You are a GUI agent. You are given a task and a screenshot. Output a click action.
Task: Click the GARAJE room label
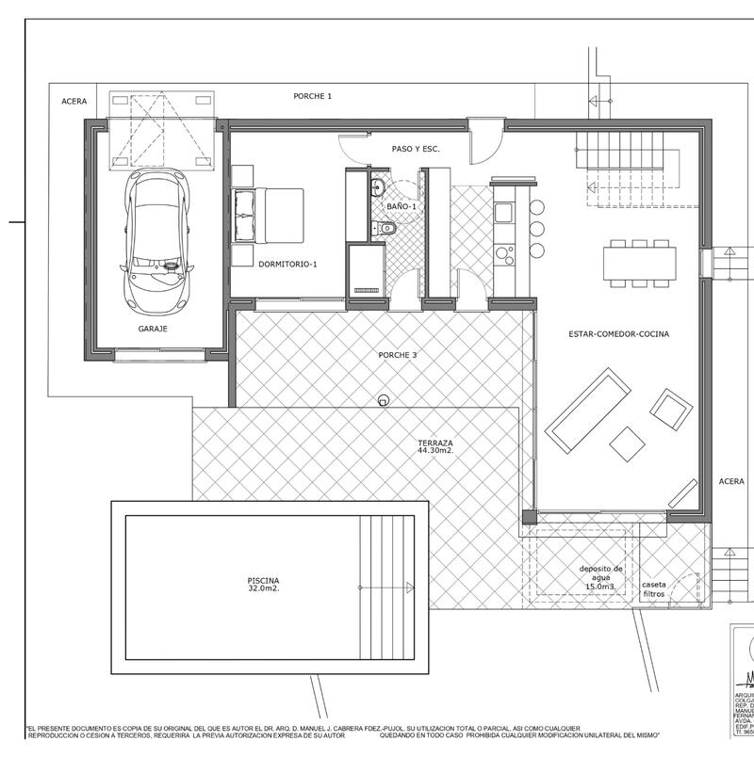tap(153, 329)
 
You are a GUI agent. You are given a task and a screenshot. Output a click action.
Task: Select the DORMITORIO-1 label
tap(287, 265)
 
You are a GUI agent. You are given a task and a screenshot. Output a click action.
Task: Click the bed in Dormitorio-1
tap(270, 217)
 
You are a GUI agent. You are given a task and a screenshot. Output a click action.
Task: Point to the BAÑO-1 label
tap(401, 205)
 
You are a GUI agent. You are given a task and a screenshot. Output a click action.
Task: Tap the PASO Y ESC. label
tap(416, 149)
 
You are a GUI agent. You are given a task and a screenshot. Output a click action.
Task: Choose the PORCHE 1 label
tap(312, 95)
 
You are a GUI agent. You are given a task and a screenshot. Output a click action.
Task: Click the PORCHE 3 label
tap(396, 355)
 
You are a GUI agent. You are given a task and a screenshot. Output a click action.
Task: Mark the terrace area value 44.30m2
tap(436, 451)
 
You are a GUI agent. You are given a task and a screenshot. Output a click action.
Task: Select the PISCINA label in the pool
tap(264, 580)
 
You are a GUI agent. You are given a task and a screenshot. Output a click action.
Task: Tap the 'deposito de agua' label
tap(600, 573)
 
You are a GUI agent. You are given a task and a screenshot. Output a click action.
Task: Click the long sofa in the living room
tap(588, 410)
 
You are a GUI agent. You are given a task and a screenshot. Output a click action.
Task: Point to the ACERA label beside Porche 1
tap(74, 101)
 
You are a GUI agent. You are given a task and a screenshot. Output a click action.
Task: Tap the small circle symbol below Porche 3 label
tap(383, 400)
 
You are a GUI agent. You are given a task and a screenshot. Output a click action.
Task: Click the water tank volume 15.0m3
tap(600, 587)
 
